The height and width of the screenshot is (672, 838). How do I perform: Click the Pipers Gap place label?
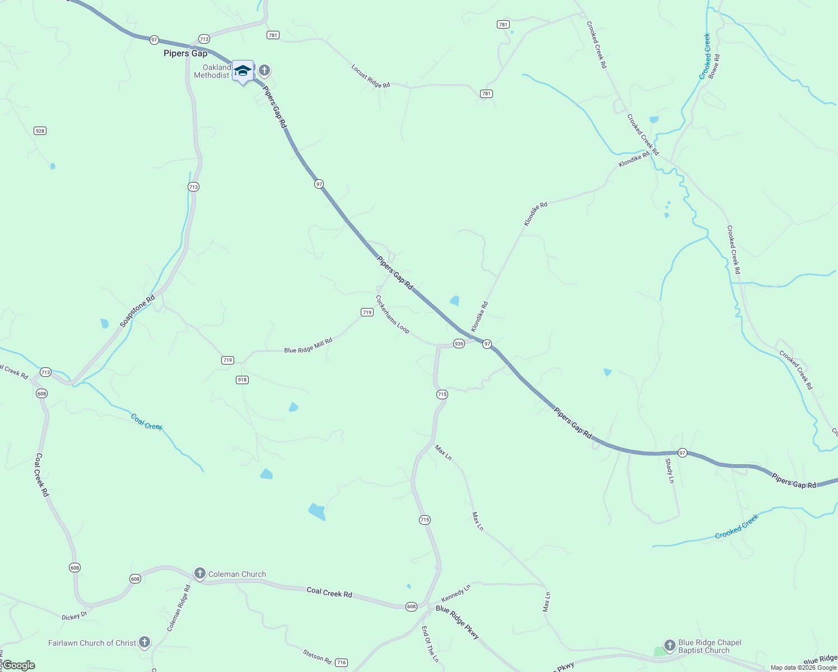[185, 53]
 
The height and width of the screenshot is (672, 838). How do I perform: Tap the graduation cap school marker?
[243, 71]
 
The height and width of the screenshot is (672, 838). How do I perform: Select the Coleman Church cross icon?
[200, 573]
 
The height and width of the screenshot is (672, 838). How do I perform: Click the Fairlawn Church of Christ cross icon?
[145, 642]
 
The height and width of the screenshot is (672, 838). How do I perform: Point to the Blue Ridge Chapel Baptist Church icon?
[669, 646]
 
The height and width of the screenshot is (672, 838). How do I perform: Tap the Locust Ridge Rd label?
[370, 76]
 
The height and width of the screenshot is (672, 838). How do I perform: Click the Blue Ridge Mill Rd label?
[308, 346]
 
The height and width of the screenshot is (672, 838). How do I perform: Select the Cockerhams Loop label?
[392, 314]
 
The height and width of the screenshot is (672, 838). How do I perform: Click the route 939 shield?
[459, 344]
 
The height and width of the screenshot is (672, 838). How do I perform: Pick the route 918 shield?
[242, 380]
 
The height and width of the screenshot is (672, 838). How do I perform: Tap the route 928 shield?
[40, 131]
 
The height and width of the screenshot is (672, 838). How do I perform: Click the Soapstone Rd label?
[137, 311]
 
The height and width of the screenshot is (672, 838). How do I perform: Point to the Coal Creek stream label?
[146, 422]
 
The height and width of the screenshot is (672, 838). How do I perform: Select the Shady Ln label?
[669, 470]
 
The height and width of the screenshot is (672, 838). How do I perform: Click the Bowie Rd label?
[714, 66]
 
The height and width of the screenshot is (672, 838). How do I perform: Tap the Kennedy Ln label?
[456, 592]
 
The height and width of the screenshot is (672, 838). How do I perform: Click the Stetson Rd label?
[317, 655]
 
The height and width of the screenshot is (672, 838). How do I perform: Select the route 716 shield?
[341, 663]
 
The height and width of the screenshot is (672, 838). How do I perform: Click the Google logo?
[18, 665]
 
